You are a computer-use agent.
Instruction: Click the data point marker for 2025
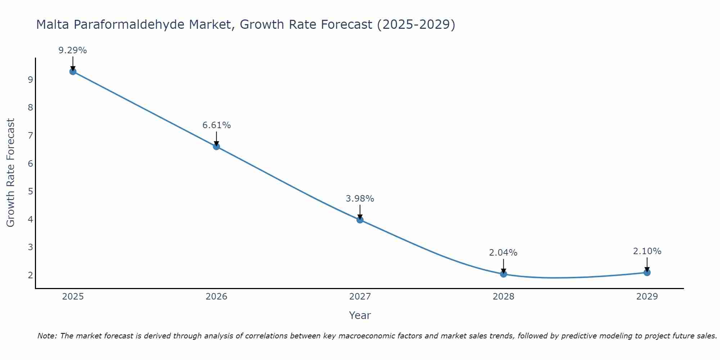(x=73, y=71)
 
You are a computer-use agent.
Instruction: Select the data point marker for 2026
(x=216, y=147)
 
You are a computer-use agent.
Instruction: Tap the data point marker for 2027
(x=360, y=220)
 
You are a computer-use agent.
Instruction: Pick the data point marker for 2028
(x=503, y=274)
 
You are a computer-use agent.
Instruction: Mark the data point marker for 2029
(x=647, y=273)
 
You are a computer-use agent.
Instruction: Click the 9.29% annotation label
(x=73, y=50)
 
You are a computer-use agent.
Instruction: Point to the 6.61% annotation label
(x=216, y=125)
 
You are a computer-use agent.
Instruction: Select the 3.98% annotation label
(x=360, y=199)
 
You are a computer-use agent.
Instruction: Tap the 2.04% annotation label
(x=503, y=253)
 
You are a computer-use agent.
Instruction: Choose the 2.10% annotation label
(x=647, y=251)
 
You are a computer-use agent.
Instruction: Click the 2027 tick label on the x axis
(x=360, y=297)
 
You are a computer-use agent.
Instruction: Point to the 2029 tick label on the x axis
(x=647, y=297)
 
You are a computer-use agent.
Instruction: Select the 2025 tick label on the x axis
(x=73, y=297)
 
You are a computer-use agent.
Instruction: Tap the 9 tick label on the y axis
(x=30, y=80)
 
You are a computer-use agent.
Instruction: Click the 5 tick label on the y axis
(x=30, y=191)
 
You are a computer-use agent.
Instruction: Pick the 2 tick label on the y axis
(x=30, y=275)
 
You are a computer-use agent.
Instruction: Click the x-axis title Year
(x=360, y=315)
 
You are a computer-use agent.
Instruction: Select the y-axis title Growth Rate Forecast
(x=11, y=173)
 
